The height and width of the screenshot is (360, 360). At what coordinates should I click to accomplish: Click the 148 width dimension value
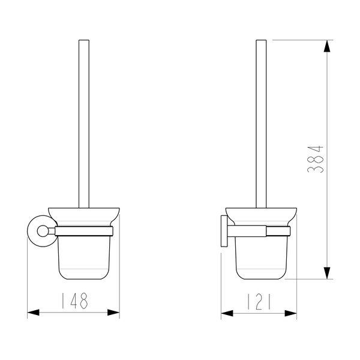[x=74, y=301]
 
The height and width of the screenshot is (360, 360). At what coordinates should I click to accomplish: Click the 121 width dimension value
[x=259, y=302]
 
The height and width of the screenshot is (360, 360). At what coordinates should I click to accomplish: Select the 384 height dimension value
[x=315, y=159]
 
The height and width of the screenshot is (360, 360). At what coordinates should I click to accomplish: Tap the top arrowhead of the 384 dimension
[x=327, y=46]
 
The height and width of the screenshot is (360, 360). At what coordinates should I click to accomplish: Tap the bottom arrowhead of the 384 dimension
[x=327, y=273]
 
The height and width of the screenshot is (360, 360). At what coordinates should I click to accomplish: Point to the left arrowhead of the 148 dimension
[x=33, y=312]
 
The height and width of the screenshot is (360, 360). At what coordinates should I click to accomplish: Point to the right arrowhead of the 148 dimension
[x=113, y=312]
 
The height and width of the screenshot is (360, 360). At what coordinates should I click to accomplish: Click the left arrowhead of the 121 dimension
[x=227, y=313]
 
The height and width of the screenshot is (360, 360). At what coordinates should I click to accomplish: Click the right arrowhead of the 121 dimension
[x=290, y=313]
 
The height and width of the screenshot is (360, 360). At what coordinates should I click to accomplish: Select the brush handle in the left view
[x=84, y=124]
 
